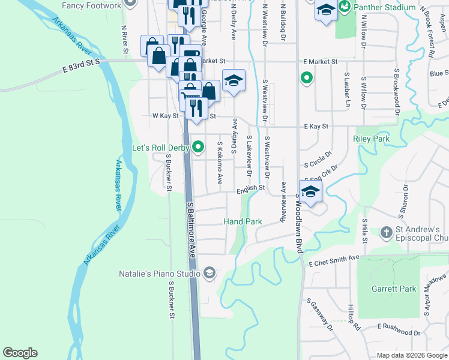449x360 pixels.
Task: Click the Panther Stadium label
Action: coord(384,7)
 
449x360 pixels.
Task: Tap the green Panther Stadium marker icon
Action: coord(345,7)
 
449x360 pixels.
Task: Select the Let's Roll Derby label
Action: coord(160,147)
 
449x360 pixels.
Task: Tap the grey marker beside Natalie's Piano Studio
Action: coord(209,274)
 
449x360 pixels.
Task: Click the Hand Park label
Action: coord(243,221)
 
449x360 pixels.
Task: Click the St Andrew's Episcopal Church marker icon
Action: coord(386,232)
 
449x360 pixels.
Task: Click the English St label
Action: coord(250,188)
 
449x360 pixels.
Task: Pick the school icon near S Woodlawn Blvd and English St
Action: coord(310,193)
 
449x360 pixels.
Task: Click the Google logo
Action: coord(20,353)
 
